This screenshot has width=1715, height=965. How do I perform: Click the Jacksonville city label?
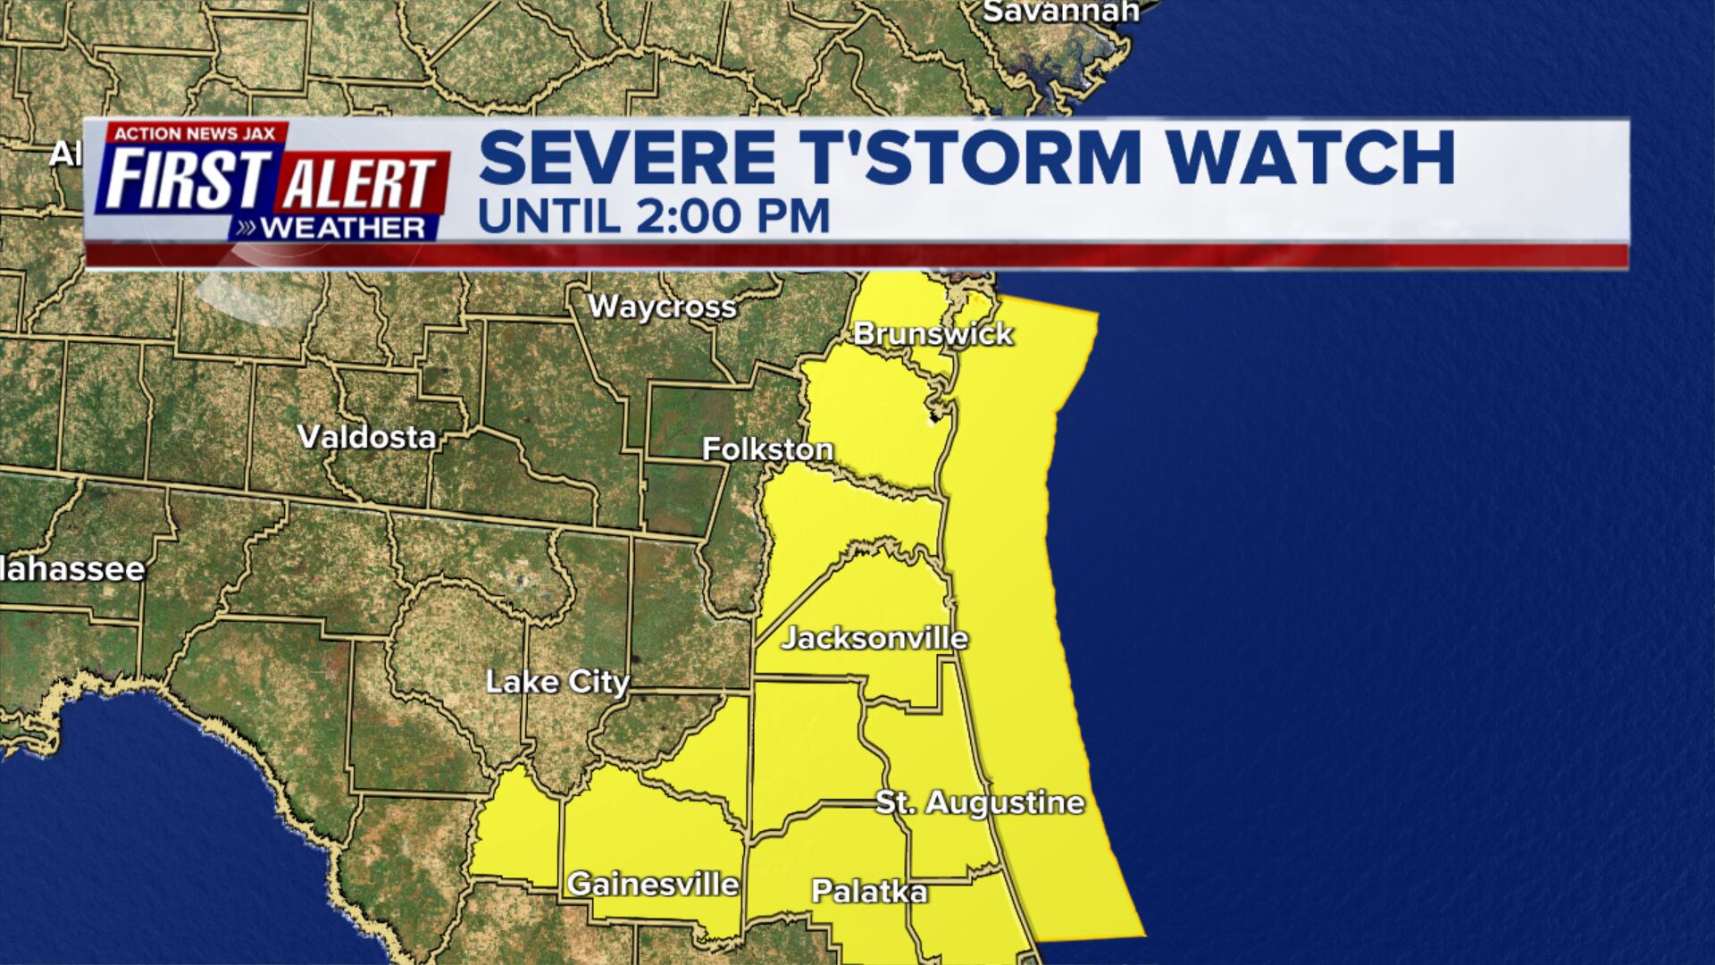tap(874, 638)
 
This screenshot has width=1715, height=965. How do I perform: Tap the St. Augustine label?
tap(980, 801)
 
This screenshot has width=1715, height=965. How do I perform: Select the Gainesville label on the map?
tap(653, 884)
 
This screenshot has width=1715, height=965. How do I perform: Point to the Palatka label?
tap(869, 891)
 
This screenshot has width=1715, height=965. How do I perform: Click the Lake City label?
tap(557, 682)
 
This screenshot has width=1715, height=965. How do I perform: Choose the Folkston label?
tap(767, 449)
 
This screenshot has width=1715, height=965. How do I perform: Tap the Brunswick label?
tap(933, 333)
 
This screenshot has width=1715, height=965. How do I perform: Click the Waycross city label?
tap(662, 306)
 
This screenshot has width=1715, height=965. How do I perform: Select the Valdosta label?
tap(366, 436)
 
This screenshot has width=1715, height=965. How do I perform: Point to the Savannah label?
tap(1060, 12)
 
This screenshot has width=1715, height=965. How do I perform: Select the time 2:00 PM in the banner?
tap(728, 217)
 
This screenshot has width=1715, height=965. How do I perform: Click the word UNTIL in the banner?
tap(548, 217)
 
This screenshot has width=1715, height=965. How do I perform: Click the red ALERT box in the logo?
tap(360, 183)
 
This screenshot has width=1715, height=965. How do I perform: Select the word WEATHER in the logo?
tap(342, 228)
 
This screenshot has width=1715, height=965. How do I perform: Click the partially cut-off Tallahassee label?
tap(71, 569)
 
